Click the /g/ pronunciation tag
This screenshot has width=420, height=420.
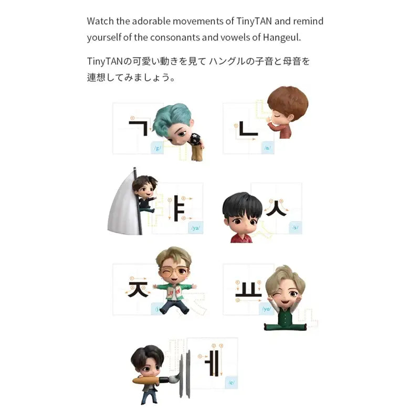(157, 148)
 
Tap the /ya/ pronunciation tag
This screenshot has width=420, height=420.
(196, 228)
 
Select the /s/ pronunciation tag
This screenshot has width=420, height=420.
(296, 228)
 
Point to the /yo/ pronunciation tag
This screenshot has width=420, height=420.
(267, 309)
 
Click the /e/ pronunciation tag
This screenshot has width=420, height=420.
(231, 383)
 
